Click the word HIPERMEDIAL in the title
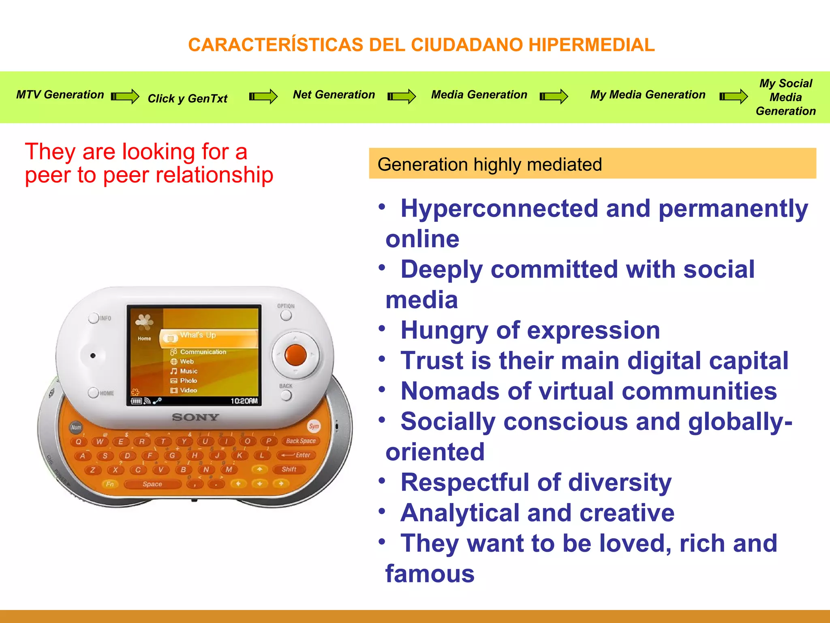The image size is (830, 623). click(591, 45)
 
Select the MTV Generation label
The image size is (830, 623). click(60, 95)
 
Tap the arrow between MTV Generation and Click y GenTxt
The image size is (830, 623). click(125, 97)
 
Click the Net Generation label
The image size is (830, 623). click(334, 95)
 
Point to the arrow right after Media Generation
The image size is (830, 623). click(554, 97)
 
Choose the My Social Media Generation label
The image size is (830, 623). click(785, 97)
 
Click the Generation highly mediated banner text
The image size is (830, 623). click(490, 165)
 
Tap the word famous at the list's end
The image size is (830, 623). click(430, 574)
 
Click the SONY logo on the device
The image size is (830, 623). click(195, 417)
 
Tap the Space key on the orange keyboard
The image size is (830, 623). click(152, 484)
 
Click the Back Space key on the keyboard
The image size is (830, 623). click(300, 441)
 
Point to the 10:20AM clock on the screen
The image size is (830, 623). click(244, 401)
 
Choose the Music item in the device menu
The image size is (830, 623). click(188, 371)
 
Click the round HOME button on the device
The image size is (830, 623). click(94, 393)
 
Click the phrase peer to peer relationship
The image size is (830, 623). click(149, 175)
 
